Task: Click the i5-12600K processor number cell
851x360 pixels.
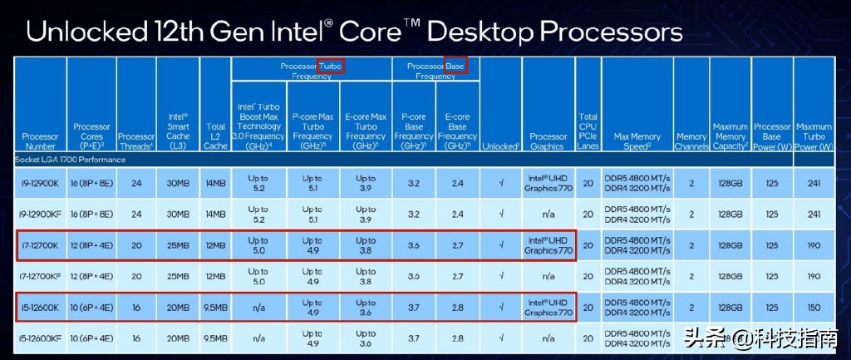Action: pos(41,307)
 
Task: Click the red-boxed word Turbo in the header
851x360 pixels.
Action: pos(330,64)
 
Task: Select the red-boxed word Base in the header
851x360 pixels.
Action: pos(455,64)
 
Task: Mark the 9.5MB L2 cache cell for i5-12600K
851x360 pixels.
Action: pos(214,307)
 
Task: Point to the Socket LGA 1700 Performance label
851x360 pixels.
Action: pos(70,158)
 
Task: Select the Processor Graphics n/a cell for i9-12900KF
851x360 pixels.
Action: pos(548,214)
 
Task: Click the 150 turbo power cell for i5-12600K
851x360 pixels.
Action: pos(814,307)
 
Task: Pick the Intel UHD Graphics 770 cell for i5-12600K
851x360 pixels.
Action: pos(548,307)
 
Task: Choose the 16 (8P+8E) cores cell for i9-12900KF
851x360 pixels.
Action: pos(91,214)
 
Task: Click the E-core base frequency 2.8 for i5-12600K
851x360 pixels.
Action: pos(457,307)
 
